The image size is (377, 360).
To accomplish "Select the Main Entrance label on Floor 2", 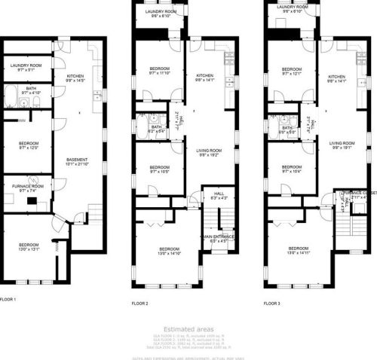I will (219, 236).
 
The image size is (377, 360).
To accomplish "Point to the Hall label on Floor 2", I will (219, 194).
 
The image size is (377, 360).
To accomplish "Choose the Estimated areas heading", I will (188, 329).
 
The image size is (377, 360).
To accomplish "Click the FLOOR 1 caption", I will (8, 299).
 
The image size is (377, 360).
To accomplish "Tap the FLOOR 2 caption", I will (140, 304).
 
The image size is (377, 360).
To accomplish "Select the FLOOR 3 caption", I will (272, 304).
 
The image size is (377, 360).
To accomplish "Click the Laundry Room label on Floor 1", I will (26, 66).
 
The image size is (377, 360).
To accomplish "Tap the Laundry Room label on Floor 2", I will (160, 12).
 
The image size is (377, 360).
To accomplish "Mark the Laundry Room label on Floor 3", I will (292, 8).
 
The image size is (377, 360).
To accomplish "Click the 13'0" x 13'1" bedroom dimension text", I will (29, 250).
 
